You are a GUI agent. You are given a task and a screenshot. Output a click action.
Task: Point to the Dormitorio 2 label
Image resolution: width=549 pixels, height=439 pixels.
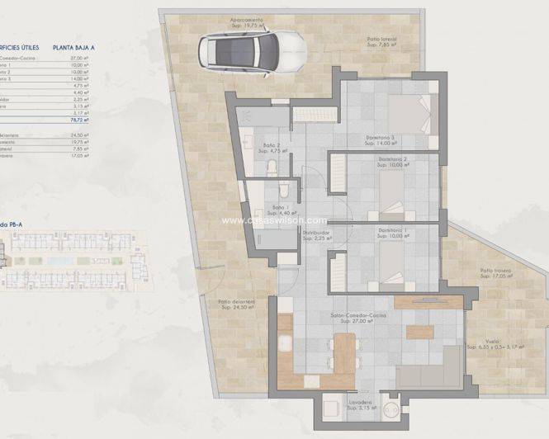click(393, 159)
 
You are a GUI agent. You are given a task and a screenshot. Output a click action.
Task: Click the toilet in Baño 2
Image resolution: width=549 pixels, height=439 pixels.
click(272, 169)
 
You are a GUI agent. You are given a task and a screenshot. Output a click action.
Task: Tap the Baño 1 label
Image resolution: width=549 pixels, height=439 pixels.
click(283, 207)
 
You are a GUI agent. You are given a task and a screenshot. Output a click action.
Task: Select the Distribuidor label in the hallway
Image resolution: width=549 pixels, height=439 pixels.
click(316, 233)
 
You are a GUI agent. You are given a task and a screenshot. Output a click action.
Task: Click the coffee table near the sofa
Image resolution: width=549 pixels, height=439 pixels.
click(419, 333)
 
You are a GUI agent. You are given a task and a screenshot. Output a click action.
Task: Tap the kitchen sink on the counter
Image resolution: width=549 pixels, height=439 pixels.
click(285, 342)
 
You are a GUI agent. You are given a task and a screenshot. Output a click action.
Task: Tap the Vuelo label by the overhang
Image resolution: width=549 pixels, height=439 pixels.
click(492, 340)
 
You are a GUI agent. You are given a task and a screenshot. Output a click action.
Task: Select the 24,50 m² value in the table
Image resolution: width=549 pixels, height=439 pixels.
click(80, 135)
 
